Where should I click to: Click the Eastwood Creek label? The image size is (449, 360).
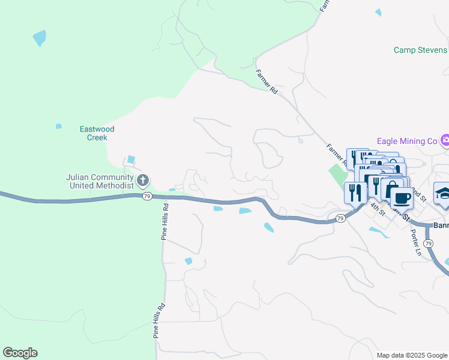coord(97,133)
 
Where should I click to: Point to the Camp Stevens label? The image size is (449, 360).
coord(420,50)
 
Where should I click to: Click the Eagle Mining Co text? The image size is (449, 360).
coord(407,141)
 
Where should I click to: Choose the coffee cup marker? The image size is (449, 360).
coord(400,198)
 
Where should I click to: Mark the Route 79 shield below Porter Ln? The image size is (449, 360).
coord(427,244)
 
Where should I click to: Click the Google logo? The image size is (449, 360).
coord(20,353)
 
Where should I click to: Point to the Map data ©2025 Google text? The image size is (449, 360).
coord(411,355)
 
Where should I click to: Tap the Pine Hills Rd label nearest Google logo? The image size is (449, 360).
coord(157,321)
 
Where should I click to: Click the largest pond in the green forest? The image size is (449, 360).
coord(40,38)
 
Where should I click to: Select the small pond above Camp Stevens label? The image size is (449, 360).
coord(378,11)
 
